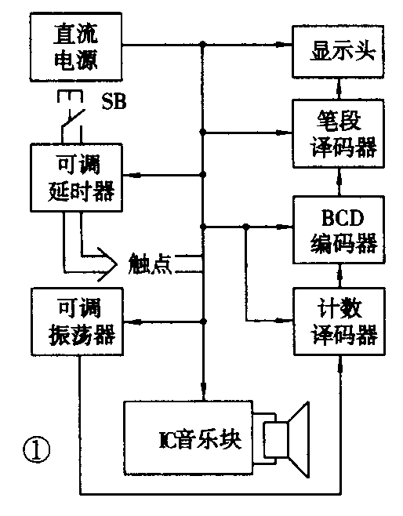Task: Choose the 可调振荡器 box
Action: pos(78,321)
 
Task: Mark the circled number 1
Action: pos(37,450)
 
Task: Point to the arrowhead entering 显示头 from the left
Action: pos(286,48)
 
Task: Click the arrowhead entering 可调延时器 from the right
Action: pos(131,174)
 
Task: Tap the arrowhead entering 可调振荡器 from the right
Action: pos(131,321)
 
